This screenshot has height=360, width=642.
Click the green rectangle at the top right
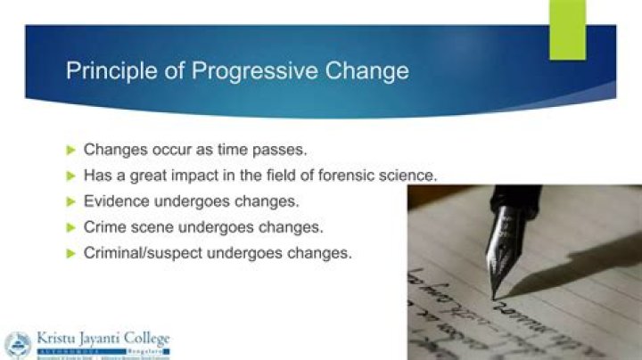point(567,29)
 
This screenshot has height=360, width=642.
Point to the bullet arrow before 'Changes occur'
point(72,149)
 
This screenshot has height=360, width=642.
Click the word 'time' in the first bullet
point(231,149)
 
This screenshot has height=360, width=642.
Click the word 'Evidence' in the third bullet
point(116,200)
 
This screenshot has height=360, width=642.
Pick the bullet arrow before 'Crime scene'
point(72,226)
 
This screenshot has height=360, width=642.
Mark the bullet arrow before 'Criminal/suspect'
point(72,252)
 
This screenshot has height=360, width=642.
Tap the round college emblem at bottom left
point(17,344)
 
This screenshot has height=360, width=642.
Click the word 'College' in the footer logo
point(145,339)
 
